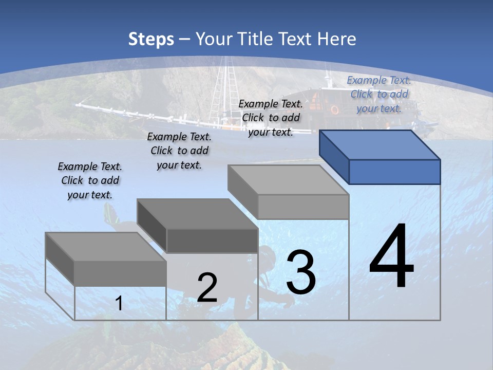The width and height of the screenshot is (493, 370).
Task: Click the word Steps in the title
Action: pos(151,39)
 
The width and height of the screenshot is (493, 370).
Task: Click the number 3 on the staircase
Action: pos(301,272)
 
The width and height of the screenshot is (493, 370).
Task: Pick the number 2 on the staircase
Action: pos(207,288)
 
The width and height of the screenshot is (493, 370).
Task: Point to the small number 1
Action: pos(119,304)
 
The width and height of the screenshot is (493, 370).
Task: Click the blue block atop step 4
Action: pos(380,157)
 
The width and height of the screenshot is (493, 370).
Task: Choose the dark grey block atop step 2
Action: pos(198,226)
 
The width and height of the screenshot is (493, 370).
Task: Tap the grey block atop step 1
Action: pos(106,260)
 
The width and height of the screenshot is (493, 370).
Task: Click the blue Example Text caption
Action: pos(379,94)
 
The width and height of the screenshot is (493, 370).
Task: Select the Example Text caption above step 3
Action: pos(271,118)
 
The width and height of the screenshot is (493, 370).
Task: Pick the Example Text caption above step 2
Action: pos(179,151)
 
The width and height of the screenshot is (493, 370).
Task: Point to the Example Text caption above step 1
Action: pos(90,180)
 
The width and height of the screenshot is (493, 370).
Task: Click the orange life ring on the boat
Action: pos(335,109)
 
